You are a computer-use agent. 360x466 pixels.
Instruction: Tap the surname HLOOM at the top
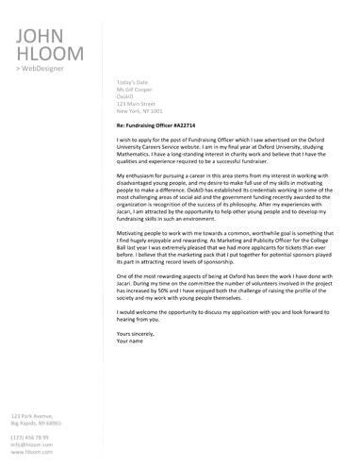pos(46,55)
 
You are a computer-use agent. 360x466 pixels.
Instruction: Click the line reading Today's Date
pos(127,83)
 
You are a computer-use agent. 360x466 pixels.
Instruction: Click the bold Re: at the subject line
pos(122,123)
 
